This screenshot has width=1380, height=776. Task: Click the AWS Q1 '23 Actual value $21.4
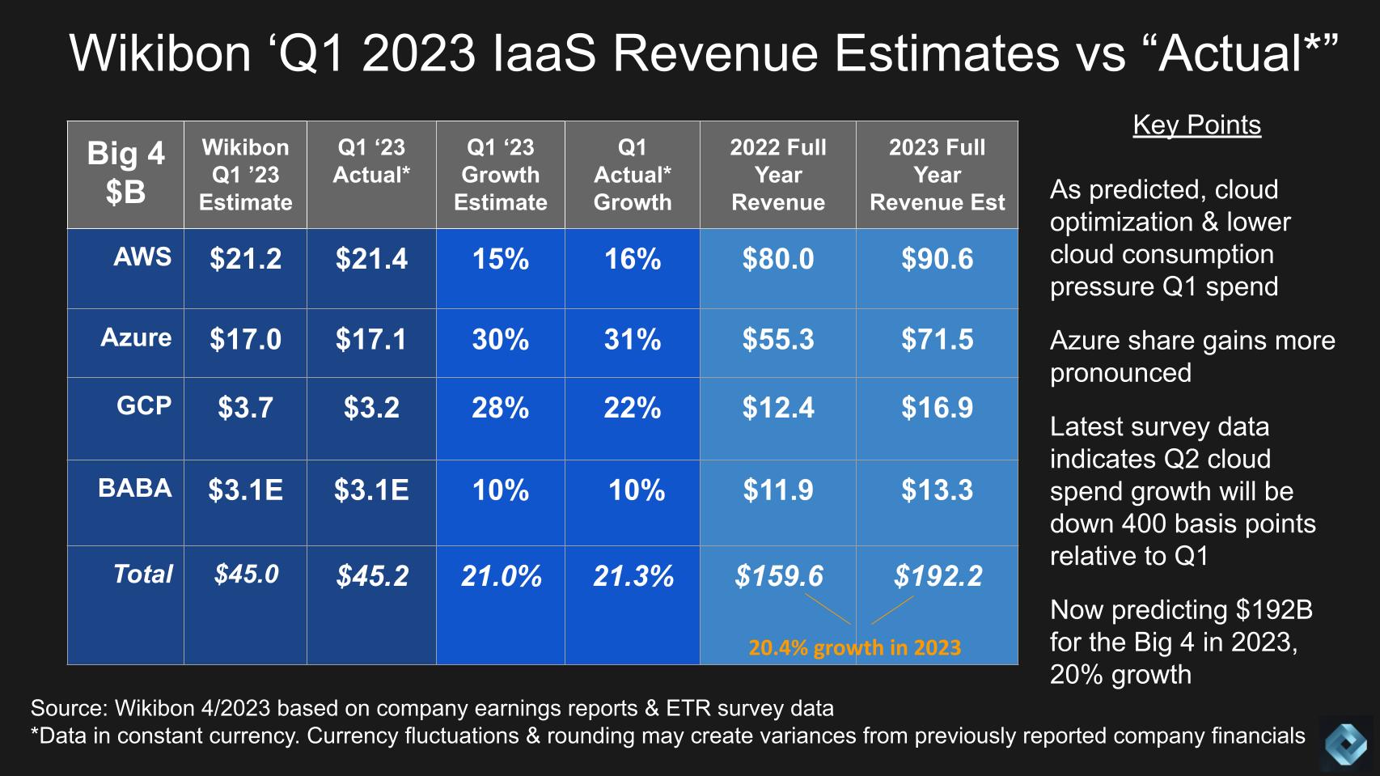(371, 259)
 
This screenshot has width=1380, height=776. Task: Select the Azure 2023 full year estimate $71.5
(937, 339)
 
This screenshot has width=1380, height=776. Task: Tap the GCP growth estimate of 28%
(500, 408)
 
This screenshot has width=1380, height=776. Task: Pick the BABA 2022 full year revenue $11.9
(777, 490)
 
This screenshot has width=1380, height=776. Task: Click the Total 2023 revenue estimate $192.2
(938, 576)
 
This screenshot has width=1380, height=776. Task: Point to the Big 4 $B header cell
(125, 173)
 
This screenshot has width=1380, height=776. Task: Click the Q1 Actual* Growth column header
(633, 175)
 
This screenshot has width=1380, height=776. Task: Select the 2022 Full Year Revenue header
(777, 175)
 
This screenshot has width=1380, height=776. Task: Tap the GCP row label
(144, 405)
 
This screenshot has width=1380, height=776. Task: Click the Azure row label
(136, 337)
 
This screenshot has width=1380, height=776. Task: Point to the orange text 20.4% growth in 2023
(854, 647)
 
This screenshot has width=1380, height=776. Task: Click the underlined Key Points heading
(1196, 125)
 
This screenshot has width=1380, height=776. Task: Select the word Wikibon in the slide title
(160, 53)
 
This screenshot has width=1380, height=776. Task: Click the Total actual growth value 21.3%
(633, 576)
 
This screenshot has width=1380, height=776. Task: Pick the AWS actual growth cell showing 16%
(633, 259)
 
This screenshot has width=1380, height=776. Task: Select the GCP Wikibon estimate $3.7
(245, 408)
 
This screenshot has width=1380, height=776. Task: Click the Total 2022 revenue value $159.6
(778, 576)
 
